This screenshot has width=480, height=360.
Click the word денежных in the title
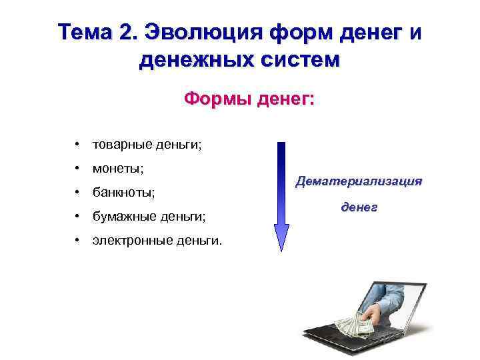pos(197,61)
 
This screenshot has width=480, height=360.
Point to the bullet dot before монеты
pos(79,168)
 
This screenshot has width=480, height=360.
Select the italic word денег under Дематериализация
pos(359,208)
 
